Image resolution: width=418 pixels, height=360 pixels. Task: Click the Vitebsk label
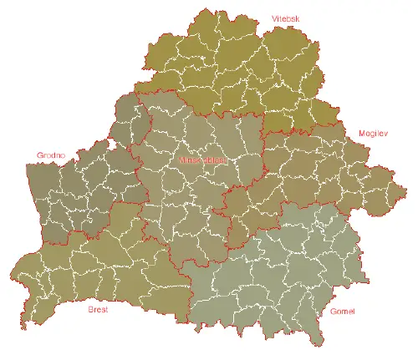pos(285,18)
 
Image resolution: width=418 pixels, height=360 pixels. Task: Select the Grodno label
pos(50,155)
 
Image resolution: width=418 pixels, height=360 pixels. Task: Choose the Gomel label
pos(343,312)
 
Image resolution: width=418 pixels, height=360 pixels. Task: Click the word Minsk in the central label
pos(191,159)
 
